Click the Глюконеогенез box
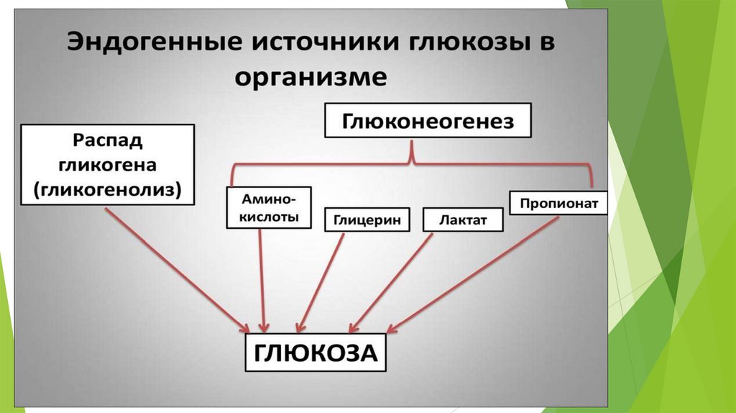click(x=428, y=121)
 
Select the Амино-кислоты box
click(x=269, y=207)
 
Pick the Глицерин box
click(x=367, y=220)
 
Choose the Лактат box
click(x=463, y=220)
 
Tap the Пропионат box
click(x=558, y=204)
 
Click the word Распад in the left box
click(x=107, y=140)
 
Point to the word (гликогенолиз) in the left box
click(x=107, y=189)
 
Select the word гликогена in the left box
click(x=107, y=164)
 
